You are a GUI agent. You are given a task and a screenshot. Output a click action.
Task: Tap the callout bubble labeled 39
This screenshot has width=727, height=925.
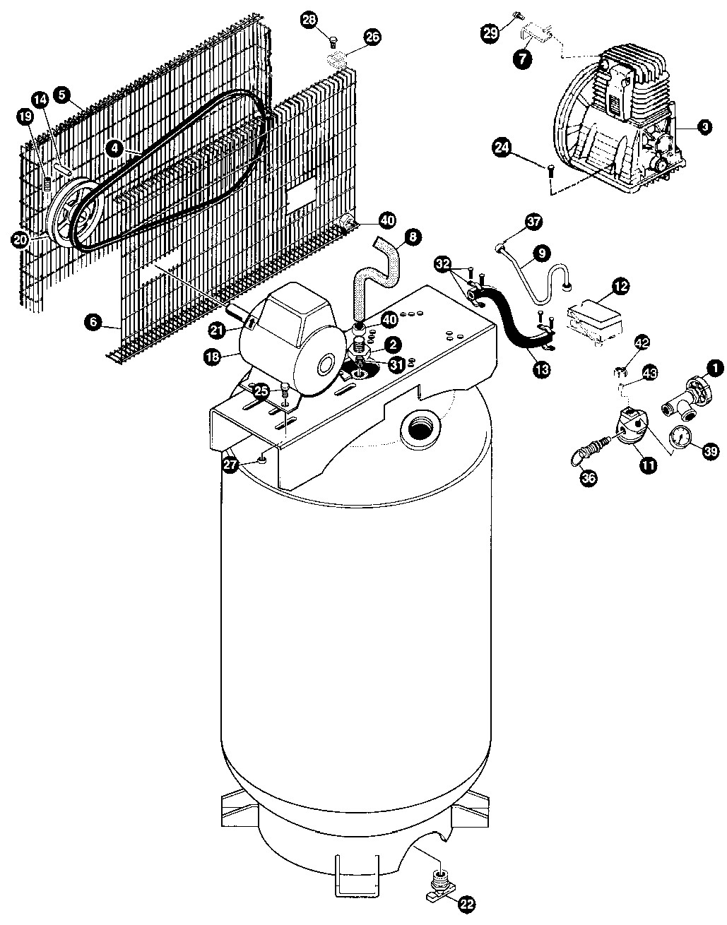709,450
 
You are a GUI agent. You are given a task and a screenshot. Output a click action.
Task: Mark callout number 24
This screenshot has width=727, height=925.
502,148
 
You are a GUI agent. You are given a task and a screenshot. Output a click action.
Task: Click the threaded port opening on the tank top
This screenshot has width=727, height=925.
420,431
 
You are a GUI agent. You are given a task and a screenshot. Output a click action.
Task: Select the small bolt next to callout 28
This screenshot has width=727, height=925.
333,42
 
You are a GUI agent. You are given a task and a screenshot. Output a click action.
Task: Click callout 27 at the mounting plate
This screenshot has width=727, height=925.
230,464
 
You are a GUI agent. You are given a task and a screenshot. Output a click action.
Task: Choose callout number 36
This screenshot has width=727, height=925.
588,478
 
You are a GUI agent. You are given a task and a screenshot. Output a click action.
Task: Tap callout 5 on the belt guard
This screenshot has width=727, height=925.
62,95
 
